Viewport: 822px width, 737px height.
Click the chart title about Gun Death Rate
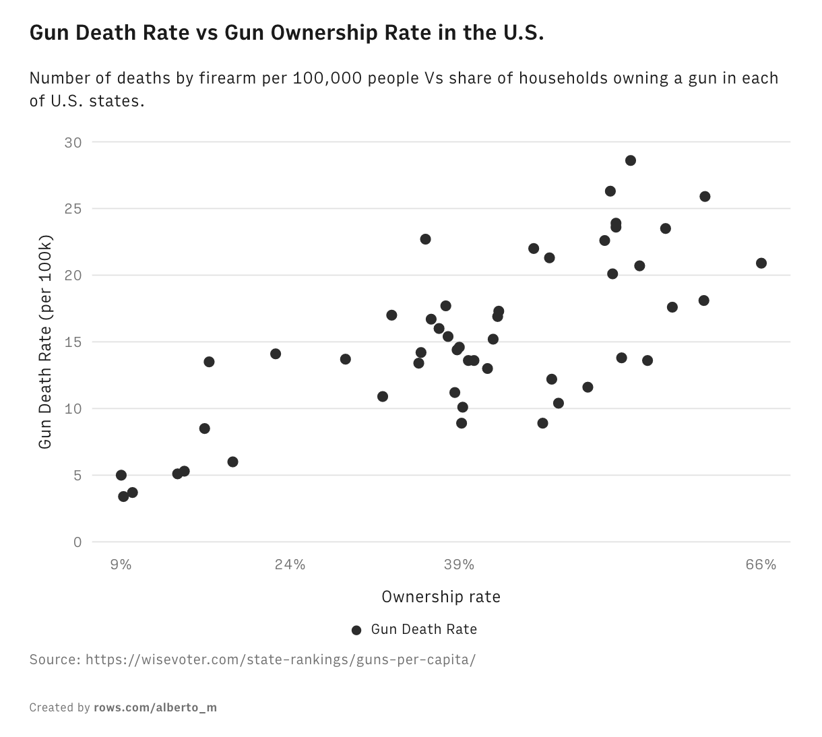pos(286,33)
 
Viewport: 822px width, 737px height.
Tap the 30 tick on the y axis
pos(73,142)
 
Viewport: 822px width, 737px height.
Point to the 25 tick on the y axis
pos(73,209)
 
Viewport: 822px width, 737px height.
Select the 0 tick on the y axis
pos(77,542)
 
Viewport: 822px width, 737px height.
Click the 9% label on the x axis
pos(121,565)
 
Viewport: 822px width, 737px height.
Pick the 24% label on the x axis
pos(290,565)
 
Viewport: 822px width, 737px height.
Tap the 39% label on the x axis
pos(460,565)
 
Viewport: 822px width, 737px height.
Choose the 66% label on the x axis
pos(761,565)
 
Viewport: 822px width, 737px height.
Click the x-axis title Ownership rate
pos(441,597)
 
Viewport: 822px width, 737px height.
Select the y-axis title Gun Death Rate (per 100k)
pos(45,342)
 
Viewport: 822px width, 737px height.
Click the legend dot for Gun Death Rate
pos(356,630)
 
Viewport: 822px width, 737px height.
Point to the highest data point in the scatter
pos(631,160)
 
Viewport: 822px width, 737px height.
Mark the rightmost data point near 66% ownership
pos(761,263)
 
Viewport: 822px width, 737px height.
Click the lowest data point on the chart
pos(123,496)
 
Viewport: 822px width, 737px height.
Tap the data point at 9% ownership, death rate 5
pos(121,475)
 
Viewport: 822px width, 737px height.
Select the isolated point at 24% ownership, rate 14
pos(276,354)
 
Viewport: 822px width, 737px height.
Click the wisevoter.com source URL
pos(280,659)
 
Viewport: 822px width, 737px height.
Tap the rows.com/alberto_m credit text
pos(156,707)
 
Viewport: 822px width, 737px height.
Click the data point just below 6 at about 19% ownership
pos(232,462)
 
